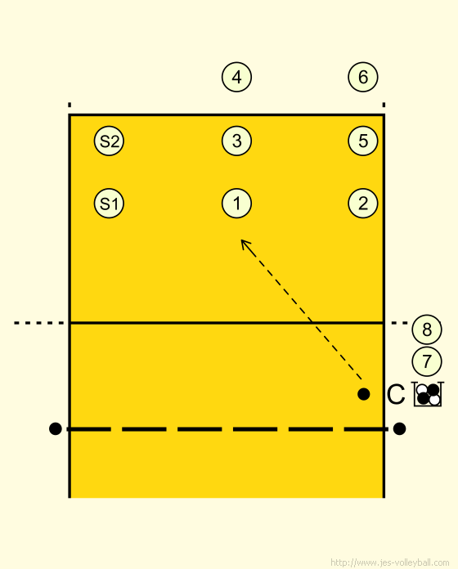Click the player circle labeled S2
click(x=109, y=141)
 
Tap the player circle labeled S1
click(x=109, y=204)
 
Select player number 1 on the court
click(x=236, y=204)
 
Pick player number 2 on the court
click(x=363, y=204)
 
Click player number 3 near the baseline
click(x=236, y=141)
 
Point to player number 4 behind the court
click(x=236, y=77)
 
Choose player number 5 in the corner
click(x=363, y=141)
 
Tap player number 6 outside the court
click(x=363, y=77)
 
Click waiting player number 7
click(x=427, y=361)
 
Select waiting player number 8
click(x=427, y=329)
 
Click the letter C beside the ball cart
click(x=396, y=394)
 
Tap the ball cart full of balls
click(x=429, y=394)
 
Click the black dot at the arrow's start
click(x=364, y=394)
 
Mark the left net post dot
click(x=55, y=429)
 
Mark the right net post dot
click(x=399, y=429)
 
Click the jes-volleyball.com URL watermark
click(x=390, y=562)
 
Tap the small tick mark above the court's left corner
click(x=70, y=105)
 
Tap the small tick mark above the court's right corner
click(x=384, y=105)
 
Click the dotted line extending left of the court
click(x=38, y=323)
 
